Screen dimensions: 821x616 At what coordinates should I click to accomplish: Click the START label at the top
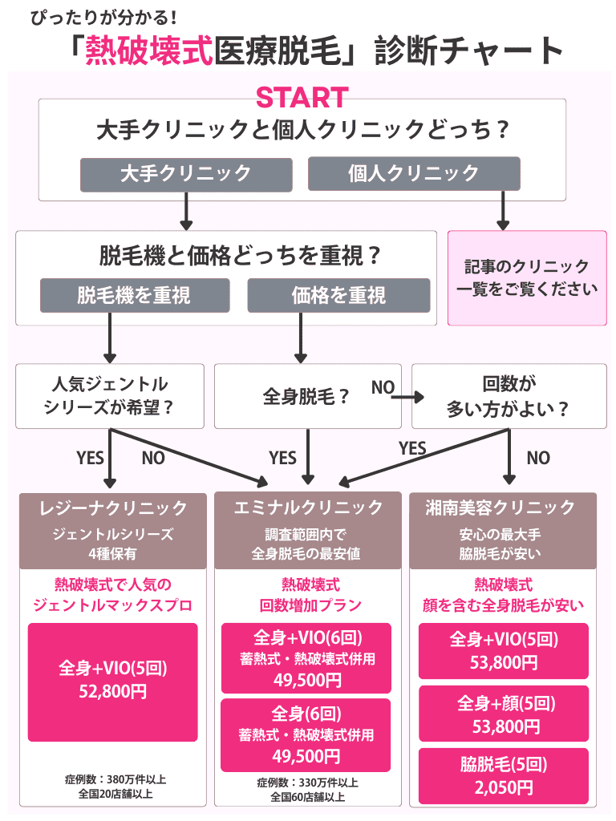(x=302, y=98)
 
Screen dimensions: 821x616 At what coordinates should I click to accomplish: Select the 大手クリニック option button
(x=185, y=173)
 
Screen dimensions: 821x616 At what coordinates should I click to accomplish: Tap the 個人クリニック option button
(x=414, y=173)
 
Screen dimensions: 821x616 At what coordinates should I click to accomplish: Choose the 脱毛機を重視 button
(x=134, y=295)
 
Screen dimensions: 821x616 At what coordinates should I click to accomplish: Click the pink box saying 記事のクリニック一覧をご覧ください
(x=527, y=278)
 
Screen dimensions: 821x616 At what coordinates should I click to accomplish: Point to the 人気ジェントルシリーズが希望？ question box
(x=109, y=396)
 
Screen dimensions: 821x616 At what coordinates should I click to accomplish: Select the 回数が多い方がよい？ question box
(x=509, y=396)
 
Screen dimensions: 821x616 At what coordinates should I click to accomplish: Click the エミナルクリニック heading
(x=307, y=508)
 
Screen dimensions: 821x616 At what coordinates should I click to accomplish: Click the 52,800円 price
(x=113, y=692)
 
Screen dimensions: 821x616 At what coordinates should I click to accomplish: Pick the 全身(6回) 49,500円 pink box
(x=306, y=734)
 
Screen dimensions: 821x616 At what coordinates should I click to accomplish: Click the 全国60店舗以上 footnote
(x=307, y=797)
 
